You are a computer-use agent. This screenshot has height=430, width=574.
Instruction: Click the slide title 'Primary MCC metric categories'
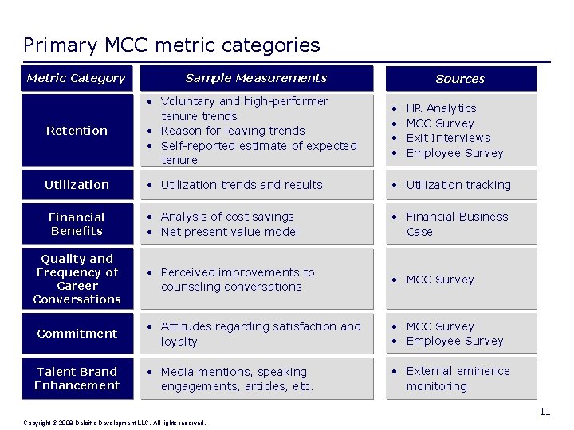tap(171, 45)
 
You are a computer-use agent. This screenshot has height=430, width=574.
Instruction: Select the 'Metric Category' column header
tap(77, 78)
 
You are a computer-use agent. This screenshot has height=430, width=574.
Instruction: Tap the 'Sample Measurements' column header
tap(256, 78)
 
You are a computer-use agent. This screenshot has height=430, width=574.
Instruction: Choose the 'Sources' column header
tap(460, 79)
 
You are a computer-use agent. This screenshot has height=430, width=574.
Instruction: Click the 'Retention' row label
tap(77, 131)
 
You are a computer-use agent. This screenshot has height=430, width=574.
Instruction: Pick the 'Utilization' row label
tap(77, 185)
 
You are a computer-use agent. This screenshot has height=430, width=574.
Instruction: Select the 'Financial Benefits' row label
tap(77, 224)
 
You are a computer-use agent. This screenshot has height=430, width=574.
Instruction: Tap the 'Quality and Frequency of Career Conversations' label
tap(77, 279)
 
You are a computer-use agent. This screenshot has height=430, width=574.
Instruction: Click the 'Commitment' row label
tap(77, 334)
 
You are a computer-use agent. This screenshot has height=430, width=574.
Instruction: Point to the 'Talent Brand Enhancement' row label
tap(77, 378)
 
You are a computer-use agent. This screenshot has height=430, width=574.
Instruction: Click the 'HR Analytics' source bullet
tap(441, 108)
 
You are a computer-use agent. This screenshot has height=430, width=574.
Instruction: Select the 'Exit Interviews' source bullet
tap(448, 138)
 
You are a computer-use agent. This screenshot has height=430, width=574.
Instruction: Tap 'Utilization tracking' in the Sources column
tap(458, 185)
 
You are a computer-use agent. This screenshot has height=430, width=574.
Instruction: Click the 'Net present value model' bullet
tap(230, 232)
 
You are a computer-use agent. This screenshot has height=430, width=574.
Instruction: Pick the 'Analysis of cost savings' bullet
tap(227, 217)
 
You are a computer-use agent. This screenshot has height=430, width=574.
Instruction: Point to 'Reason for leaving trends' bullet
tap(233, 131)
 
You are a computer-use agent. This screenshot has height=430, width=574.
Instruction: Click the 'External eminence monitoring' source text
tap(458, 378)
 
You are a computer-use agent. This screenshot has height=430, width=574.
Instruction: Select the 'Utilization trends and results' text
tap(242, 185)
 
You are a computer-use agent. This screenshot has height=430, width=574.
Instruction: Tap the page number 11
tap(545, 412)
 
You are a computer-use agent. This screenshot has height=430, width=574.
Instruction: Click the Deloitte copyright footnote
tap(115, 423)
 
